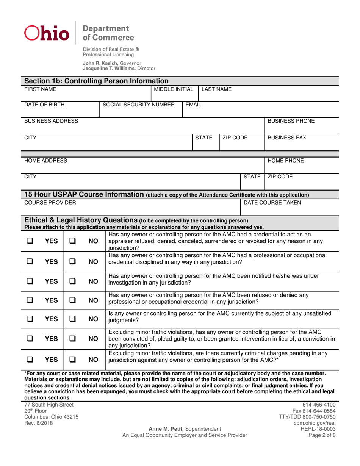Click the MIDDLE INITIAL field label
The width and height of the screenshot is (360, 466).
(x=172, y=89)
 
